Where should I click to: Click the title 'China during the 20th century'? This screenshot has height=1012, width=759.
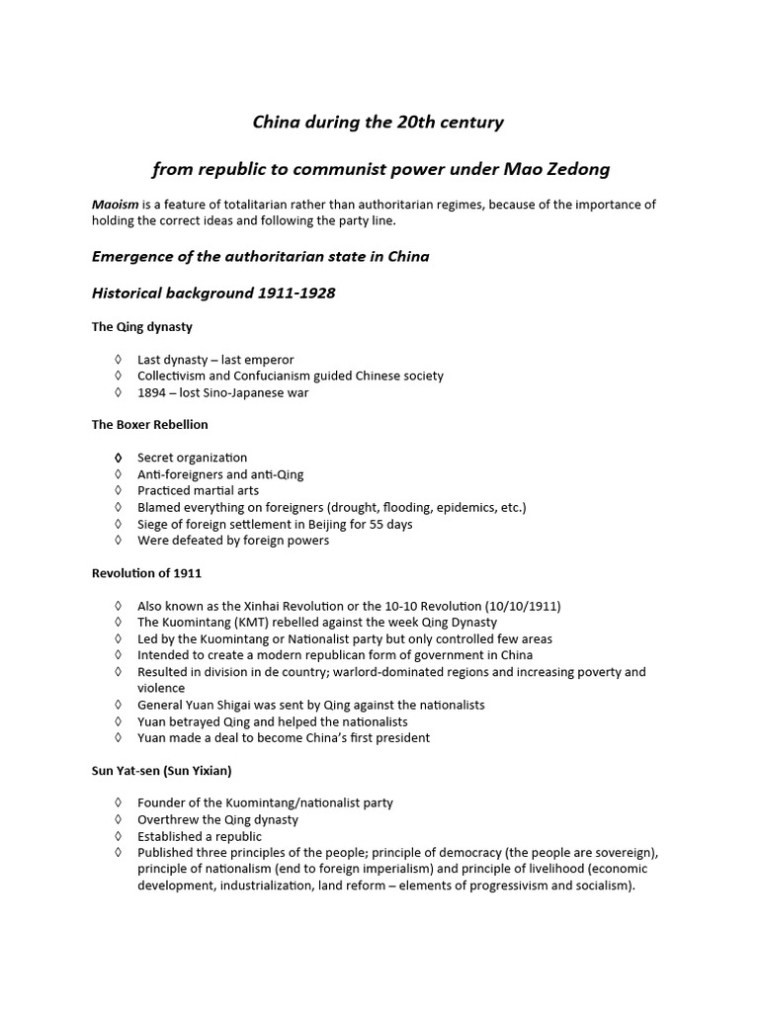coord(379,123)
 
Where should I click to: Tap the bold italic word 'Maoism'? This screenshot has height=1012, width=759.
coord(115,205)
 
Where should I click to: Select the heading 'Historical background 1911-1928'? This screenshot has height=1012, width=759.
coord(214,294)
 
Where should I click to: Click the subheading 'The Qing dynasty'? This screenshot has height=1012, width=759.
coord(142,327)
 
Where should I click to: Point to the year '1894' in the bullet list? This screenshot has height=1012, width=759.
coord(153,392)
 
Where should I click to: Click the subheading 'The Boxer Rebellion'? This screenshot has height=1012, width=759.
coord(149,425)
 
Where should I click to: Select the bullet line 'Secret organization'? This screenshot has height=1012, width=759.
coord(192,458)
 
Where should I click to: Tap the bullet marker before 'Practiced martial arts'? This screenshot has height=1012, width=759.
coord(118,491)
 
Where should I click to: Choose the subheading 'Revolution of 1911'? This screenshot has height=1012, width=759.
coord(146,573)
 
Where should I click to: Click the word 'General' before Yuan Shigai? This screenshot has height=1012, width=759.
coord(160,705)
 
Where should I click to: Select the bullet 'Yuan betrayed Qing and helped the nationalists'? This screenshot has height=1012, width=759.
coord(270,721)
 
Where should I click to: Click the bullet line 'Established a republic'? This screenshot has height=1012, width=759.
coord(200,836)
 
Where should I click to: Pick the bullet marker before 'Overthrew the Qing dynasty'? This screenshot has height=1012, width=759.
coord(118,820)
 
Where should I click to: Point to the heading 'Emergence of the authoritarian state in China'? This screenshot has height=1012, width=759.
coord(260,256)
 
